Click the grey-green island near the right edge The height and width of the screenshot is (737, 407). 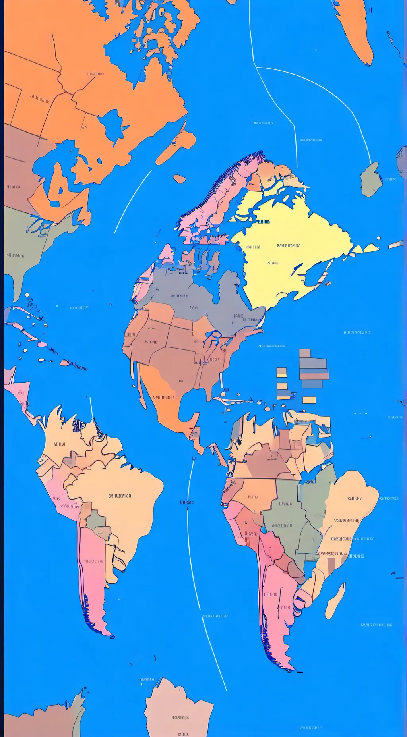tap(371, 180)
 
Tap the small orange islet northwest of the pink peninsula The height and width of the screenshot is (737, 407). tap(180, 179)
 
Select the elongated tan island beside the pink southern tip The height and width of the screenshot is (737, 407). tap(335, 600)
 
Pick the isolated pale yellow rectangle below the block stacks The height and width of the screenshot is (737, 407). tap(309, 400)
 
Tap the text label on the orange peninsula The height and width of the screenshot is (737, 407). tap(164, 397)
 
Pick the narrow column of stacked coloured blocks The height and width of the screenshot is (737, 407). tap(282, 383)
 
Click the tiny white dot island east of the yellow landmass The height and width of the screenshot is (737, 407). tap(379, 238)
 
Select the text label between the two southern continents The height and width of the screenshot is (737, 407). tap(186, 502)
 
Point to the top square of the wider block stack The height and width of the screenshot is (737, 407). tap(305, 353)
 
